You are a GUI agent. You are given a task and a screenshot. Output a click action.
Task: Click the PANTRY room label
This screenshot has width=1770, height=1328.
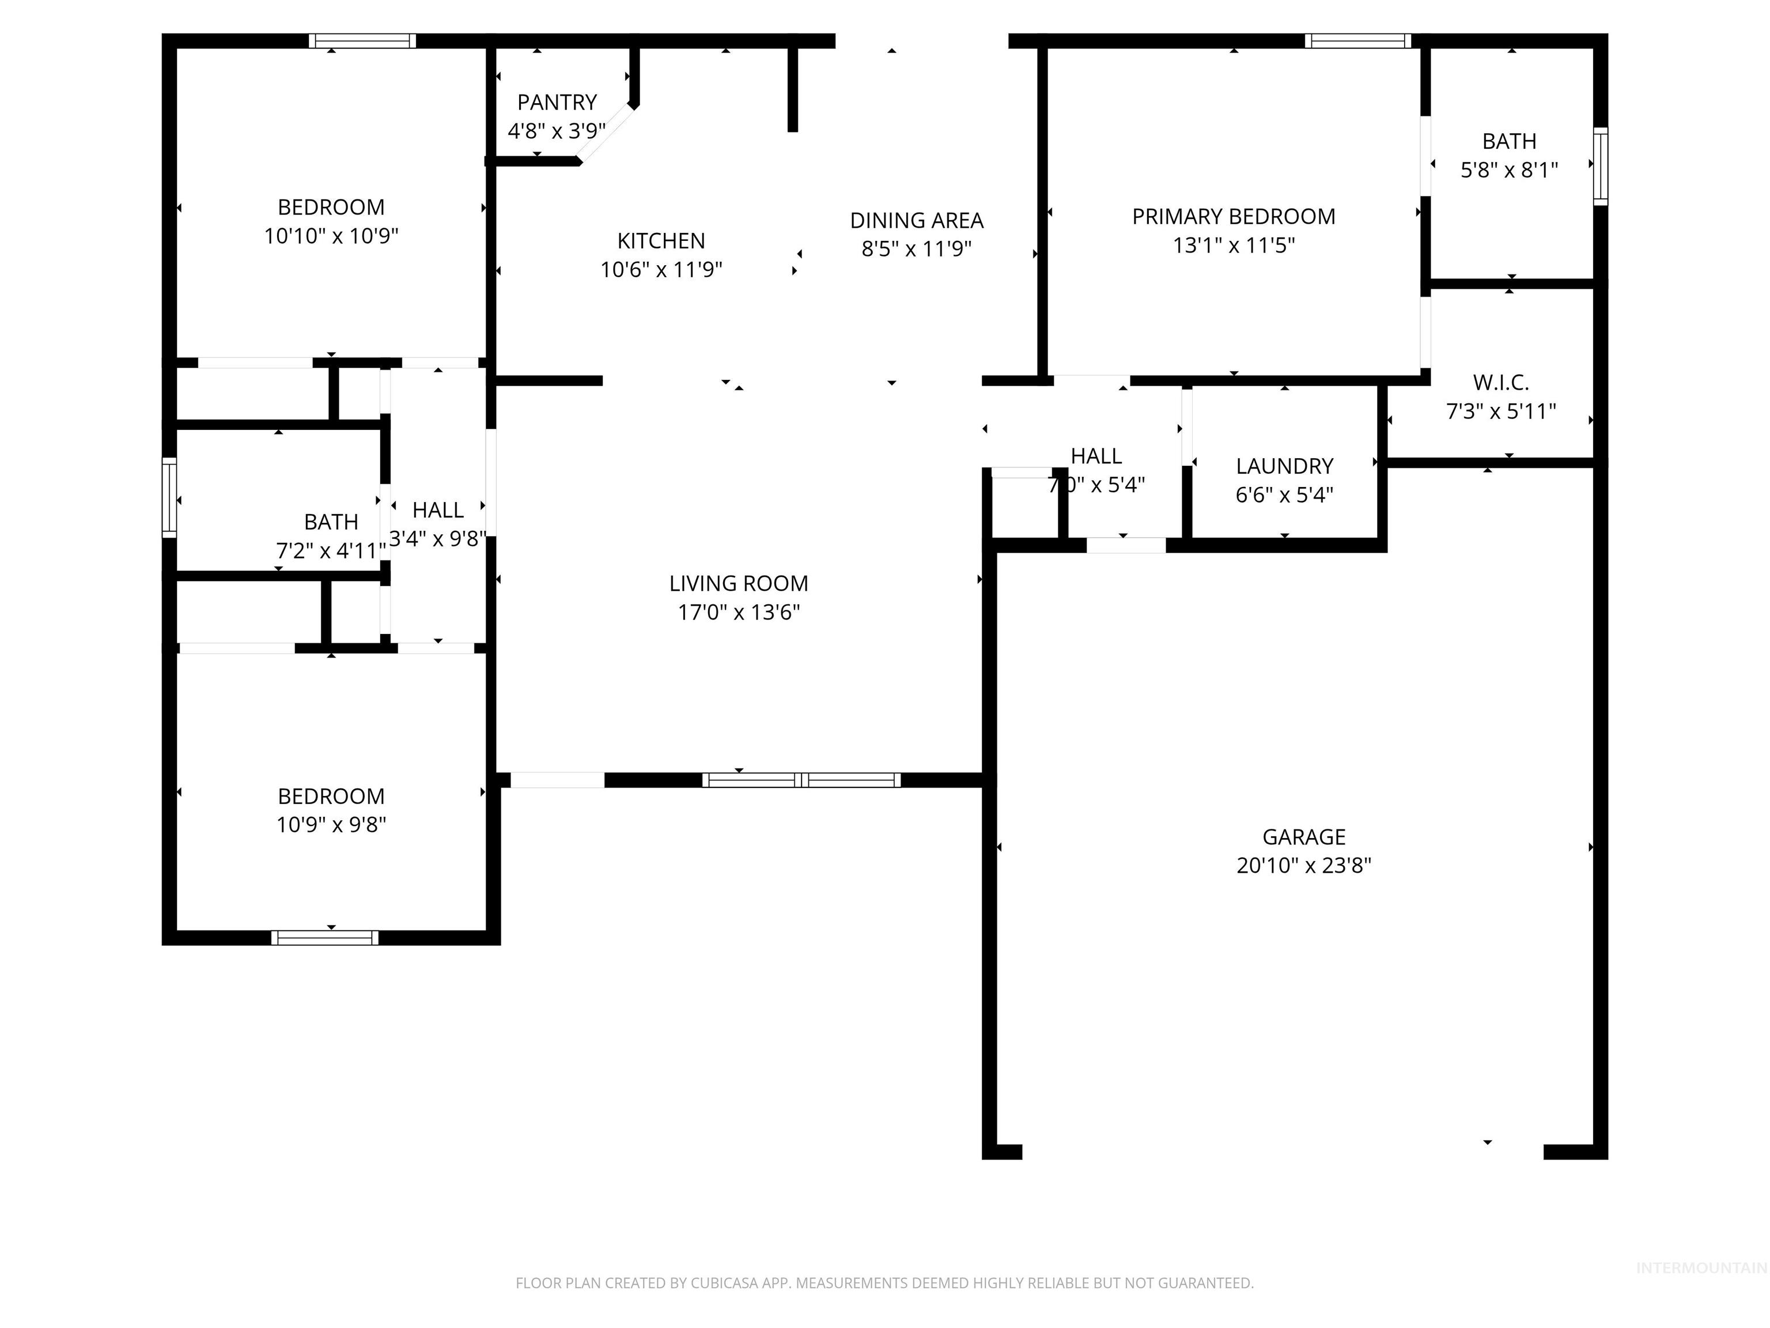[557, 103]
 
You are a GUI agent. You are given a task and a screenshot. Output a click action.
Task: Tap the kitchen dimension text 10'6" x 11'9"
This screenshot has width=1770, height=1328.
[661, 270]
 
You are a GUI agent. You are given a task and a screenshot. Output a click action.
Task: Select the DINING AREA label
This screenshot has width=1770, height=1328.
[916, 220]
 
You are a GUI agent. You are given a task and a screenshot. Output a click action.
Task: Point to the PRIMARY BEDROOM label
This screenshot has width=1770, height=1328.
[1233, 217]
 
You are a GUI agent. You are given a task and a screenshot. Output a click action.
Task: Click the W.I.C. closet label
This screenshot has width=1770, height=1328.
[1500, 383]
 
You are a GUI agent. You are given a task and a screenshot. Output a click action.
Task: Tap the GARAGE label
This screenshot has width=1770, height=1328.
[1303, 837]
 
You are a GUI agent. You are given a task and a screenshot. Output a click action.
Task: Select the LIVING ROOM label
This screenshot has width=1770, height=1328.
[739, 583]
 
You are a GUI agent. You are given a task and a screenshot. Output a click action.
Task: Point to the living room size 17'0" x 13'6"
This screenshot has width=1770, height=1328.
[739, 612]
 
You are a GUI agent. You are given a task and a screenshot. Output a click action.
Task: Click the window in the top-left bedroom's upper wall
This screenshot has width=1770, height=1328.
[362, 41]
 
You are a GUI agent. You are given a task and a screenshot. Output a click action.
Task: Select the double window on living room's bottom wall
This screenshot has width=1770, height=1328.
[801, 780]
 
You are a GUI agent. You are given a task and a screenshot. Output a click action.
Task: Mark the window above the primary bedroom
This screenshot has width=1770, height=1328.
[1358, 41]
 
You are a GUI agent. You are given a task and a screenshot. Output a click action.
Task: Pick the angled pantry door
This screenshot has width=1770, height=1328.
[605, 134]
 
